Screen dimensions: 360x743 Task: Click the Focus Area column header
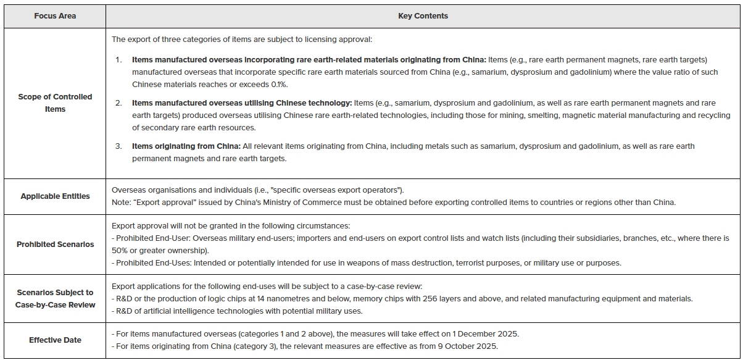55,15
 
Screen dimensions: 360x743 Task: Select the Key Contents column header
423,15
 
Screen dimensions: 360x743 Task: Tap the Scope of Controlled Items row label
55,103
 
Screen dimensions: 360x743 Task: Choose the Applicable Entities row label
55,196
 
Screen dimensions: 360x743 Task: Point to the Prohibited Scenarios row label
55,244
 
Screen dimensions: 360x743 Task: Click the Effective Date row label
55,340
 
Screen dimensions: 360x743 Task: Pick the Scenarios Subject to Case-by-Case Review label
55,298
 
